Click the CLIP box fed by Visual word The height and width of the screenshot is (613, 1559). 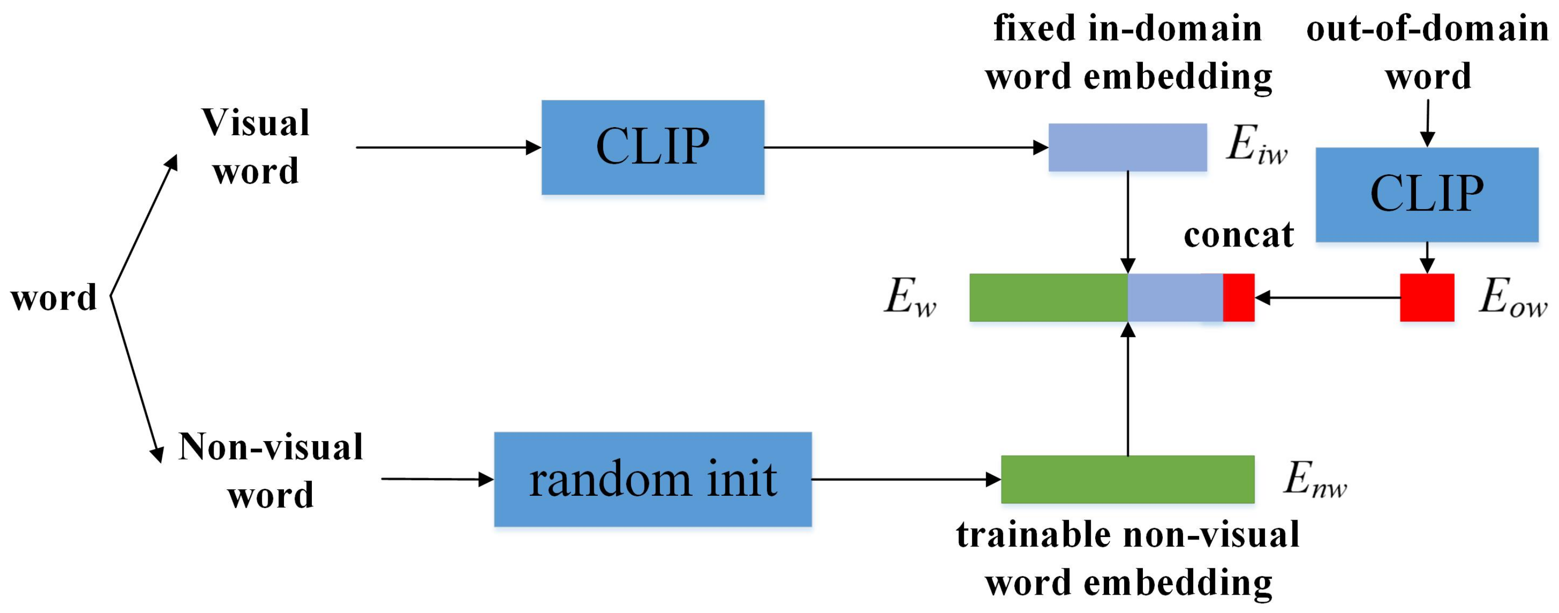[652, 147]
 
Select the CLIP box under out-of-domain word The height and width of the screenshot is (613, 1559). [1426, 194]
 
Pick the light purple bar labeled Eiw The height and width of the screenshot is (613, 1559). [1127, 147]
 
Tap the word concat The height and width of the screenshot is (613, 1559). [1238, 235]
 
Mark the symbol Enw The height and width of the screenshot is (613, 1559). [1315, 480]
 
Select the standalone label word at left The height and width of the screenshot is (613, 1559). [54, 298]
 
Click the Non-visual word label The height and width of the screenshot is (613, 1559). [271, 470]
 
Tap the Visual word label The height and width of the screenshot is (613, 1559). [255, 147]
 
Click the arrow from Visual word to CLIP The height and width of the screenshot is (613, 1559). [448, 147]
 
